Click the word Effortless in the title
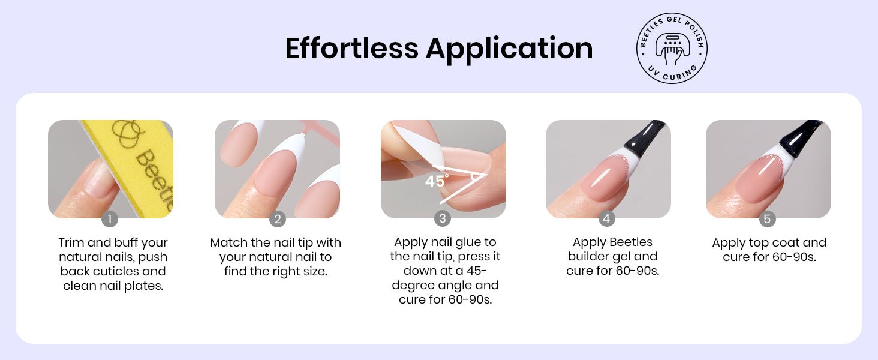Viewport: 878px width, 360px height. [351, 48]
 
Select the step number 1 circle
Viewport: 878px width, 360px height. [110, 219]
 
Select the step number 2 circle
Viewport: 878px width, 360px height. [278, 219]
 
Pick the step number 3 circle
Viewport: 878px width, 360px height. [443, 218]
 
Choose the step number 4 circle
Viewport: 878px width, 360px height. [606, 218]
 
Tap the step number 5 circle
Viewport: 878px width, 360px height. [767, 219]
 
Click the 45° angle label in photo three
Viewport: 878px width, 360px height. [437, 181]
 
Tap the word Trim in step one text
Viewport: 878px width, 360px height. [71, 242]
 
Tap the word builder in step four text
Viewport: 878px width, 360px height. [587, 256]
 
